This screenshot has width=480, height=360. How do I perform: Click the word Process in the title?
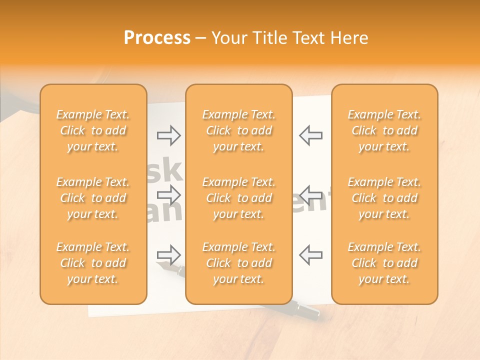click(x=157, y=38)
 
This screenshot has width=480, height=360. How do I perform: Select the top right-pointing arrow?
click(x=168, y=135)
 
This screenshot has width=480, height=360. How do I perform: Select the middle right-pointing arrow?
click(x=168, y=195)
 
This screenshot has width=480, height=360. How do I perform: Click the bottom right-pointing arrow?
click(x=168, y=254)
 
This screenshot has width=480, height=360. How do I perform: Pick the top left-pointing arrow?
click(x=310, y=135)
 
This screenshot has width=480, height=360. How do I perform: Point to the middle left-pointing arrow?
click(x=310, y=195)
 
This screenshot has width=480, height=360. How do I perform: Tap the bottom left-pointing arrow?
click(x=310, y=254)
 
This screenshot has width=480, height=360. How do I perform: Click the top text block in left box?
click(x=93, y=130)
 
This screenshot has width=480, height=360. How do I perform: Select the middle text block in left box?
click(x=93, y=198)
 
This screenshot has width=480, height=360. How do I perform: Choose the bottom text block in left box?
click(x=93, y=263)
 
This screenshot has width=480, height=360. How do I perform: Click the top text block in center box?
click(x=238, y=130)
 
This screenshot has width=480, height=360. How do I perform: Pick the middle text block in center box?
click(x=238, y=198)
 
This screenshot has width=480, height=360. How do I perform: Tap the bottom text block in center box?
click(x=238, y=263)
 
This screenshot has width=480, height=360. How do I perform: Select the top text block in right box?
click(x=384, y=130)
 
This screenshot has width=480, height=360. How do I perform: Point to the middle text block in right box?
click(x=384, y=198)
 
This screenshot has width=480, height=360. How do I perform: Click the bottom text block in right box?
click(x=384, y=263)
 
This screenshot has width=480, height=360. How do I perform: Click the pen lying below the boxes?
click(x=305, y=312)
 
